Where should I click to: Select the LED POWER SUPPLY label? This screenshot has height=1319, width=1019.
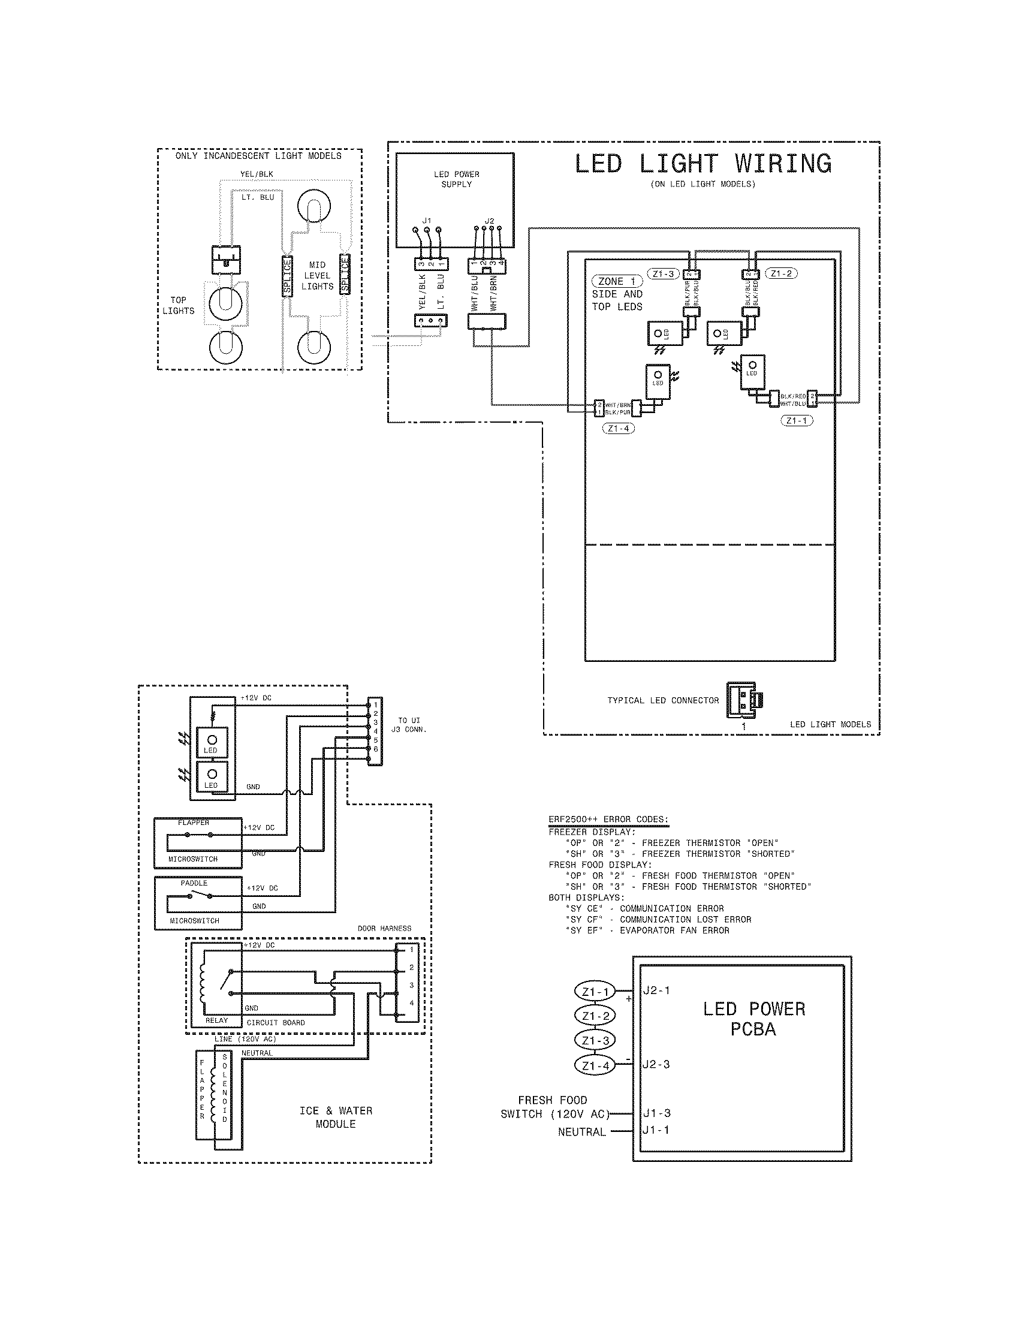[x=456, y=179]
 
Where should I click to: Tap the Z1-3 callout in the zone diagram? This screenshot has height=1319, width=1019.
[x=663, y=273]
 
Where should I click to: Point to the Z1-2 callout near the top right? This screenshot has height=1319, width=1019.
[x=781, y=273]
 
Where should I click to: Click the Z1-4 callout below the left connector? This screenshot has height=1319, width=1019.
[x=618, y=429]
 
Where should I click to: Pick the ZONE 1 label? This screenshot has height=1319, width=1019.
[x=616, y=281]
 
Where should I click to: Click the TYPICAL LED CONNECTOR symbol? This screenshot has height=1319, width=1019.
[x=744, y=700]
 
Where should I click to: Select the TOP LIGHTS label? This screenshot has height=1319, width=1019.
[x=178, y=306]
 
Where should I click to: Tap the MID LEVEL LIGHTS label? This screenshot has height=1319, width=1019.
[x=317, y=276]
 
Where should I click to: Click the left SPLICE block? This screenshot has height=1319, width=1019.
[x=288, y=275]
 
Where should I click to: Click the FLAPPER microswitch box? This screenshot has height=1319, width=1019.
[x=197, y=842]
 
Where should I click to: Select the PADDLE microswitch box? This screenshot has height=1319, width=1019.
[x=197, y=903]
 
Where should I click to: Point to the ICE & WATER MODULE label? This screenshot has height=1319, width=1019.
[x=336, y=1118]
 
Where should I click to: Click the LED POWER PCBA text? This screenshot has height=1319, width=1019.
[x=753, y=1019]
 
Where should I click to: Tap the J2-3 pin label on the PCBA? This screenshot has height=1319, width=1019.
[x=656, y=1064]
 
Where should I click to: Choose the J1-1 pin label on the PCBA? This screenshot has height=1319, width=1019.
[x=656, y=1130]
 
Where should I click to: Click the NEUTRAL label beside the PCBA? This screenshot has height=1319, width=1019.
[x=581, y=1132]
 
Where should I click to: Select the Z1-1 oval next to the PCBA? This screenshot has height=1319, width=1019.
[x=595, y=991]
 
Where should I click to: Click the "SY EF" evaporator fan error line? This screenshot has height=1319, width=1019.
[x=647, y=930]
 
